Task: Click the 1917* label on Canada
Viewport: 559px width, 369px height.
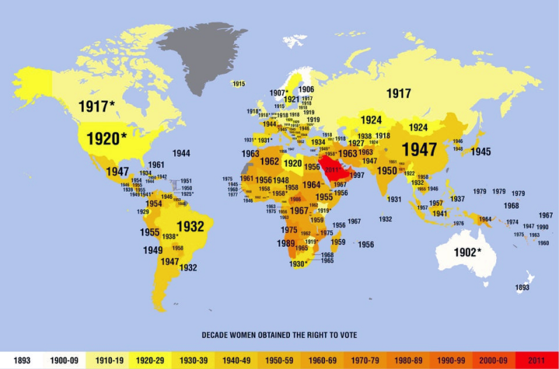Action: pos(96,107)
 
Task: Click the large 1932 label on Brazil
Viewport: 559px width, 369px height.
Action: pos(190,226)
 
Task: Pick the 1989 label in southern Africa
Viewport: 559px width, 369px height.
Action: pos(286,243)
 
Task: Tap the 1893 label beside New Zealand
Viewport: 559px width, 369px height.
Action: pos(522,287)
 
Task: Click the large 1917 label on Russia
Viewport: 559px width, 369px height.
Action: pos(398,93)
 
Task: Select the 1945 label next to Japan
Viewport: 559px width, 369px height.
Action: pos(480,151)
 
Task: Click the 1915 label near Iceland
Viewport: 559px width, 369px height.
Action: pos(238,84)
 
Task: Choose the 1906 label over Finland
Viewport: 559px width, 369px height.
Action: pos(306,90)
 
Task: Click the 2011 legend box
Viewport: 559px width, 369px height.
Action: pos(536,360)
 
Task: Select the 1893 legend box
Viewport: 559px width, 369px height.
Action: pos(21,360)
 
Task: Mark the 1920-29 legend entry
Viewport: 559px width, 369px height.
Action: pos(150,360)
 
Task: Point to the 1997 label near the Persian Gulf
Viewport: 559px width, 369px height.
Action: pos(356,175)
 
